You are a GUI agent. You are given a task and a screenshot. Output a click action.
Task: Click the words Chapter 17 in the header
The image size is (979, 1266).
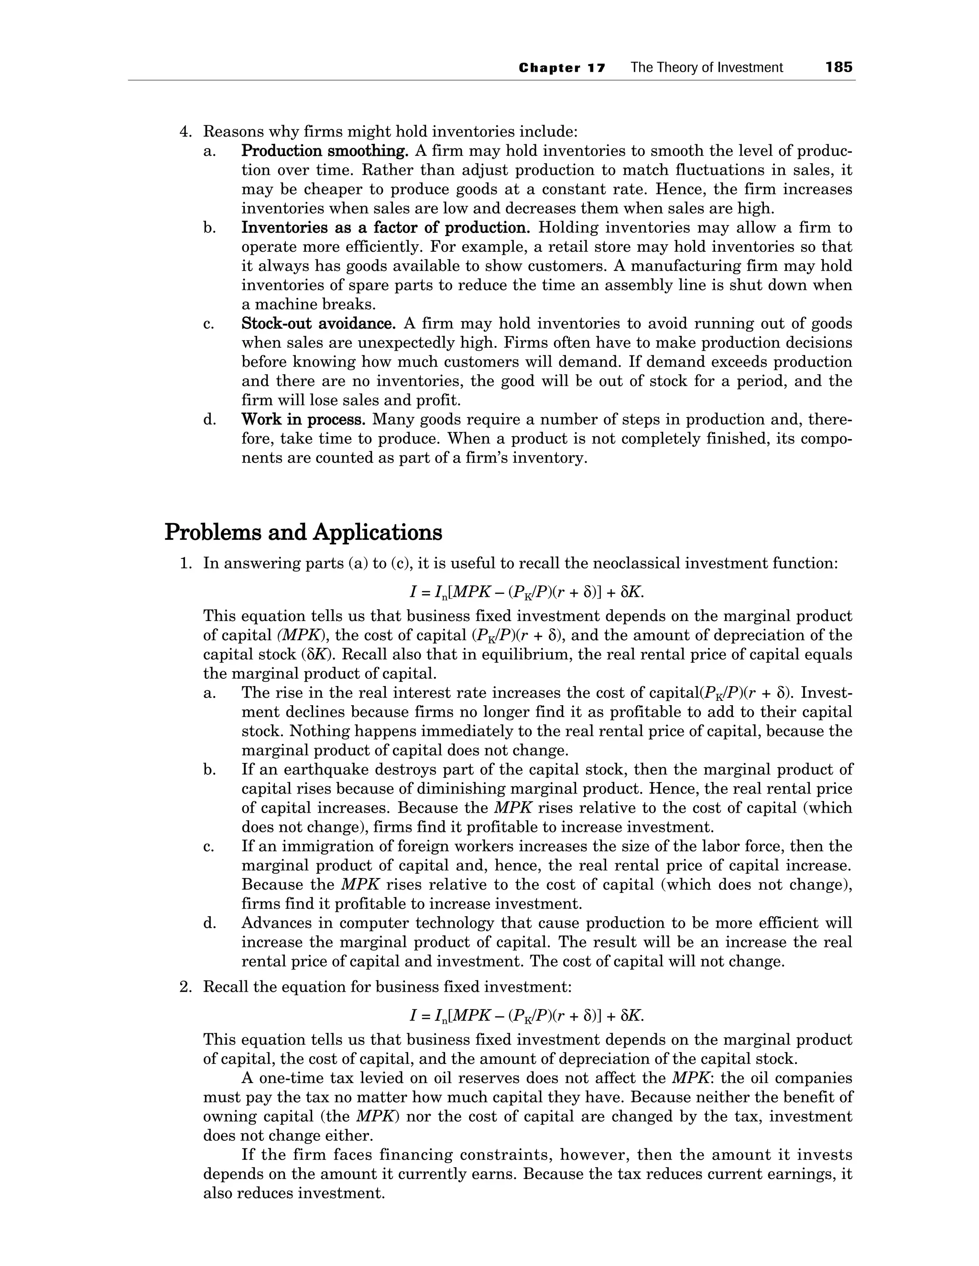[562, 68]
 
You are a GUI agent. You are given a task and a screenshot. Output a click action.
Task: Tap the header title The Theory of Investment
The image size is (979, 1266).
[707, 68]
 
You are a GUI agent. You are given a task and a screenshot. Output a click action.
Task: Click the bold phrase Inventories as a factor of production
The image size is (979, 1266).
[386, 228]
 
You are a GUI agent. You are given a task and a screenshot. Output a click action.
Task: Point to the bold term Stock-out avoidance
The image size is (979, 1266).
[318, 323]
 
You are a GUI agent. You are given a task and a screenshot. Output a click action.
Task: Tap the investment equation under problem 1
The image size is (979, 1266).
[527, 592]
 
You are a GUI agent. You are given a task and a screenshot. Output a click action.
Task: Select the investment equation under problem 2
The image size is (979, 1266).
[527, 1016]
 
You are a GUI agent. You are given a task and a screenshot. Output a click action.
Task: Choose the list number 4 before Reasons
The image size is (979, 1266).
[185, 132]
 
